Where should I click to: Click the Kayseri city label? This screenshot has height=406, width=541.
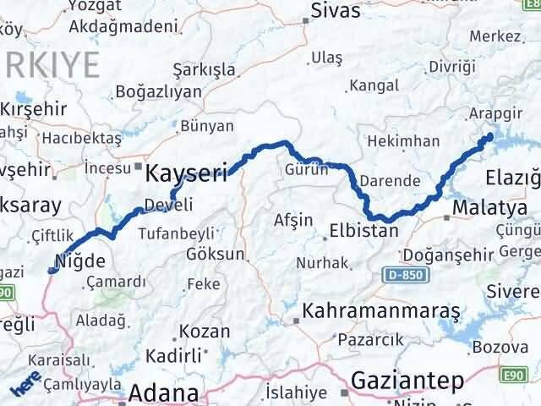187,174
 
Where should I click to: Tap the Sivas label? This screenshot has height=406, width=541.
336,12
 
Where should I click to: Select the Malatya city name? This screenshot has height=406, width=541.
484,207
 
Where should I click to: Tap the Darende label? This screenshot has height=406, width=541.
390,180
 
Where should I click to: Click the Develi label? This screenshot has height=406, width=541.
168,205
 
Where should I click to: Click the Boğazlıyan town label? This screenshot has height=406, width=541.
158,91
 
